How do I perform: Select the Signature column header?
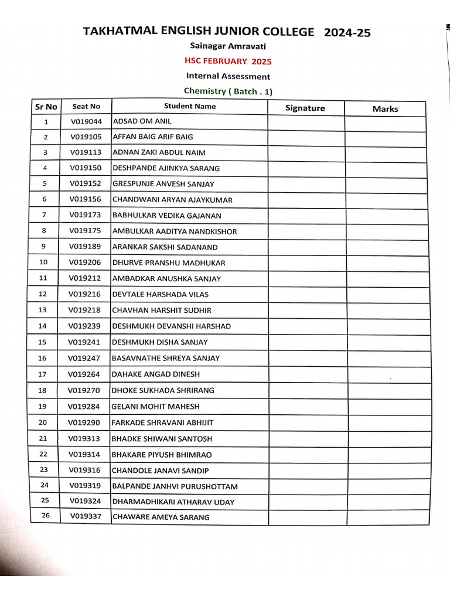[305, 108]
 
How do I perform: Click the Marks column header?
[385, 108]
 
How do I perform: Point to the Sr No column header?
[46, 107]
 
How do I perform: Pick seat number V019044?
[86, 121]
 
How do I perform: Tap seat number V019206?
[85, 262]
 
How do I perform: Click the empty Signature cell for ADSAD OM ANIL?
[306, 122]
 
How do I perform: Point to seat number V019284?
[84, 406]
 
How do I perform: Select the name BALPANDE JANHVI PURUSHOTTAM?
[175, 486]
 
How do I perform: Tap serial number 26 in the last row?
[45, 516]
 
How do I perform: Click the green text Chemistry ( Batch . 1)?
[228, 91]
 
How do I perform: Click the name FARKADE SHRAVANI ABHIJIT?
[162, 422]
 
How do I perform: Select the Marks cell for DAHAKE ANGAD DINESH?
[386, 374]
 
